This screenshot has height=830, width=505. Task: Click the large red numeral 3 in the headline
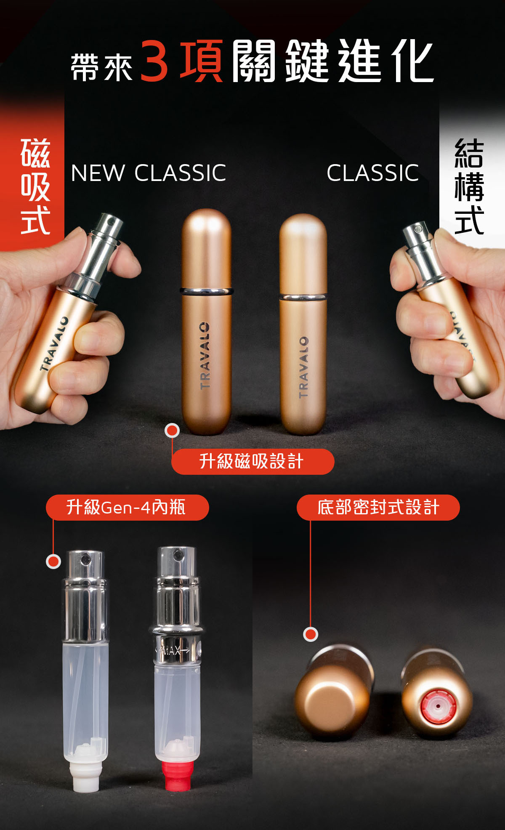pos(154,61)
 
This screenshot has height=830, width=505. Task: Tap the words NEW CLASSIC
pos(149,173)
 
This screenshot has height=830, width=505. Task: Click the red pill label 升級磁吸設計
pos(252,461)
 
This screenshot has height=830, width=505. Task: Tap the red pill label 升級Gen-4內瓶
pos(127,507)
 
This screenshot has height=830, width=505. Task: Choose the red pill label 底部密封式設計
pos(378,507)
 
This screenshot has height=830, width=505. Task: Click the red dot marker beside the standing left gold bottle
pos(172,430)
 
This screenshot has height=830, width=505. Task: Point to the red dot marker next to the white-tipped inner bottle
pos(53,561)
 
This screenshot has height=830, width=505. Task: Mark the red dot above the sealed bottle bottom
pos(311,634)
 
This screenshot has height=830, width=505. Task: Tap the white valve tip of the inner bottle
pos(85,776)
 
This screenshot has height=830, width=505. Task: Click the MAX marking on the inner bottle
pos(173,651)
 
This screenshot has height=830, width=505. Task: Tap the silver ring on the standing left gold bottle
pos(207,291)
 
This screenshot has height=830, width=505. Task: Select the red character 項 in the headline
pos(202,61)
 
